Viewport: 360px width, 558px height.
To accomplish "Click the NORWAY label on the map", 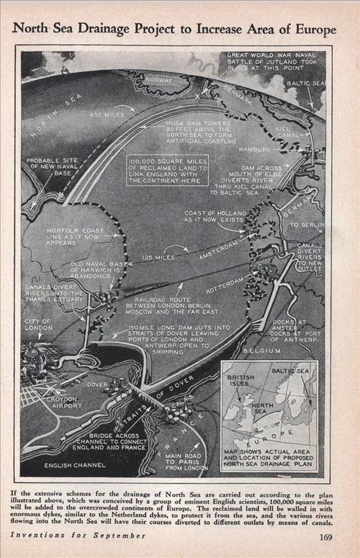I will click(x=159, y=80).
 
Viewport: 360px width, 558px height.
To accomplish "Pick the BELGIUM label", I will click(x=259, y=351).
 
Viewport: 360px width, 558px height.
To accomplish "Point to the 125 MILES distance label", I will click(x=159, y=257).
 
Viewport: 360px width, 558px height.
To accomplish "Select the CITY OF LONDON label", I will click(x=39, y=325).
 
